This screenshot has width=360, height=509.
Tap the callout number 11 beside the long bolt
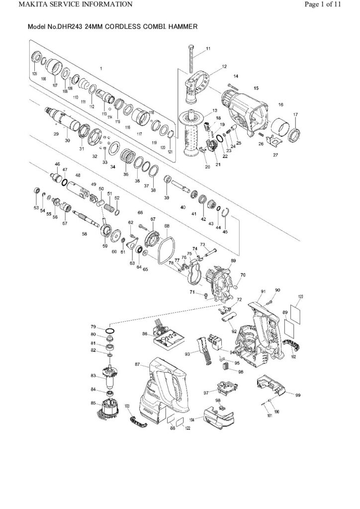208,49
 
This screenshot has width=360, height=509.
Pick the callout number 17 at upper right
295,115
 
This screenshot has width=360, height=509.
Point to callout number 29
56,134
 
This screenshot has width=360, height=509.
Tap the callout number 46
57,164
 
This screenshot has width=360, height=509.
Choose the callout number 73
202,244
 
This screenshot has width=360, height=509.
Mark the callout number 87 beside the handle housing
137,365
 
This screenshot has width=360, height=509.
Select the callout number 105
34,74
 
